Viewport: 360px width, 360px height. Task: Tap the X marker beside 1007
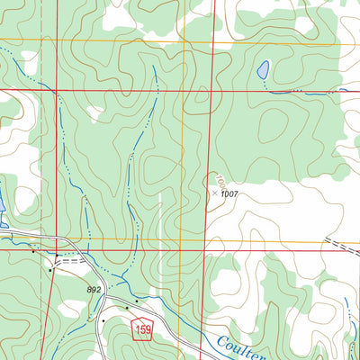click(x=214, y=192)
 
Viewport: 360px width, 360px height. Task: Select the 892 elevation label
click(x=94, y=289)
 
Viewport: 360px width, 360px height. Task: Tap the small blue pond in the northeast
click(x=263, y=69)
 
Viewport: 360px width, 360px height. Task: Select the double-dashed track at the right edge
click(x=342, y=247)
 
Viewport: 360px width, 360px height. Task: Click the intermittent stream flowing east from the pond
click(x=306, y=92)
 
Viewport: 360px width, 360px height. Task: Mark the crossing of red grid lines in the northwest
click(x=56, y=90)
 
